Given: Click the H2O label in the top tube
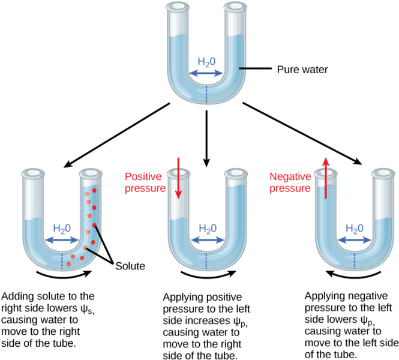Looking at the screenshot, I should coord(206,62).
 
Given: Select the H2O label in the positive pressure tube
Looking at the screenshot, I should coord(208,229).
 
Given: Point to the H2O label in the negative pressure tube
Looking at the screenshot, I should coord(355,229).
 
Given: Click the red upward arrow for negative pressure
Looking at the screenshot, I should coord(325,178).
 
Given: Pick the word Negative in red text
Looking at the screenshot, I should coord(290,176).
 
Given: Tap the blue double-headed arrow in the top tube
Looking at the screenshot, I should coord(206,73).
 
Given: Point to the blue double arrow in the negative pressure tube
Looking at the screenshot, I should coord(355,240).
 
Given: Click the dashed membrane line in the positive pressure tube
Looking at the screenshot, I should coord(208,261).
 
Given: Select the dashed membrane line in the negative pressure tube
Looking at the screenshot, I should coord(354,261).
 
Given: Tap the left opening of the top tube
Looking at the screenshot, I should coord(178,7).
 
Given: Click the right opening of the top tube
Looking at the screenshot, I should coord(235,7).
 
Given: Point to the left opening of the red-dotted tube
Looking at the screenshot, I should coord(33,174).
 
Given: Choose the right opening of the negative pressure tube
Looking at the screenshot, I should coord(383,174).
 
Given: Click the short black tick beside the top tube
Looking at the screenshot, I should coord(242,68).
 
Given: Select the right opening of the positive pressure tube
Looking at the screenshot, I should coord(236,174).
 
